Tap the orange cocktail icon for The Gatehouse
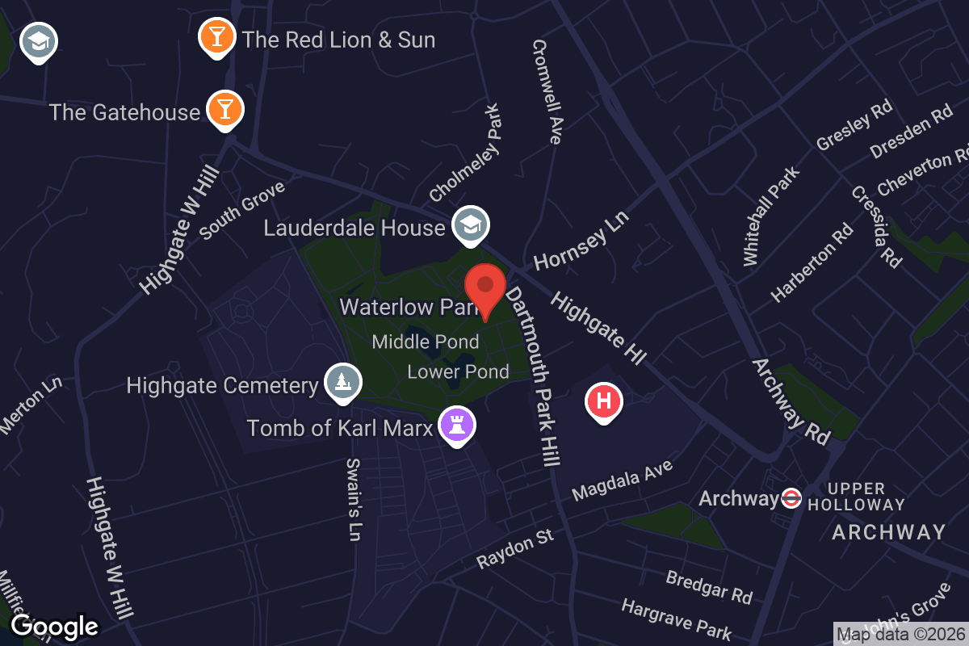[224, 110]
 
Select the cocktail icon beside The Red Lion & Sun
[216, 36]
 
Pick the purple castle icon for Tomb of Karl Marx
[457, 424]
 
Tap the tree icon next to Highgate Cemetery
[343, 383]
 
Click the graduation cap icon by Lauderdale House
[470, 225]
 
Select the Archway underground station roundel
[791, 498]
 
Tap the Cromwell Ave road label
[547, 92]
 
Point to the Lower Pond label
[458, 371]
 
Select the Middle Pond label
[425, 342]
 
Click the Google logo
[54, 626]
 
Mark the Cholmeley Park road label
[466, 154]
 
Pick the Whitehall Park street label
[770, 216]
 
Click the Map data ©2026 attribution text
[900, 635]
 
